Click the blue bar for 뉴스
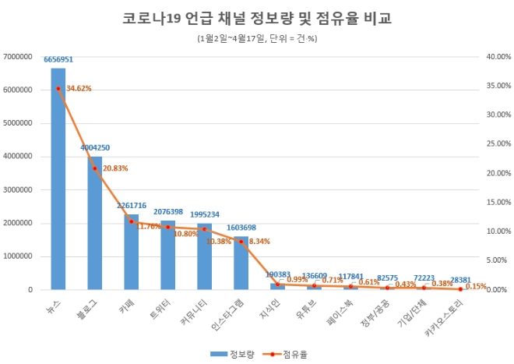click(58, 179)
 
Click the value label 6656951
click(58, 58)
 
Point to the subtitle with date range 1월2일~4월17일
click(257, 37)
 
